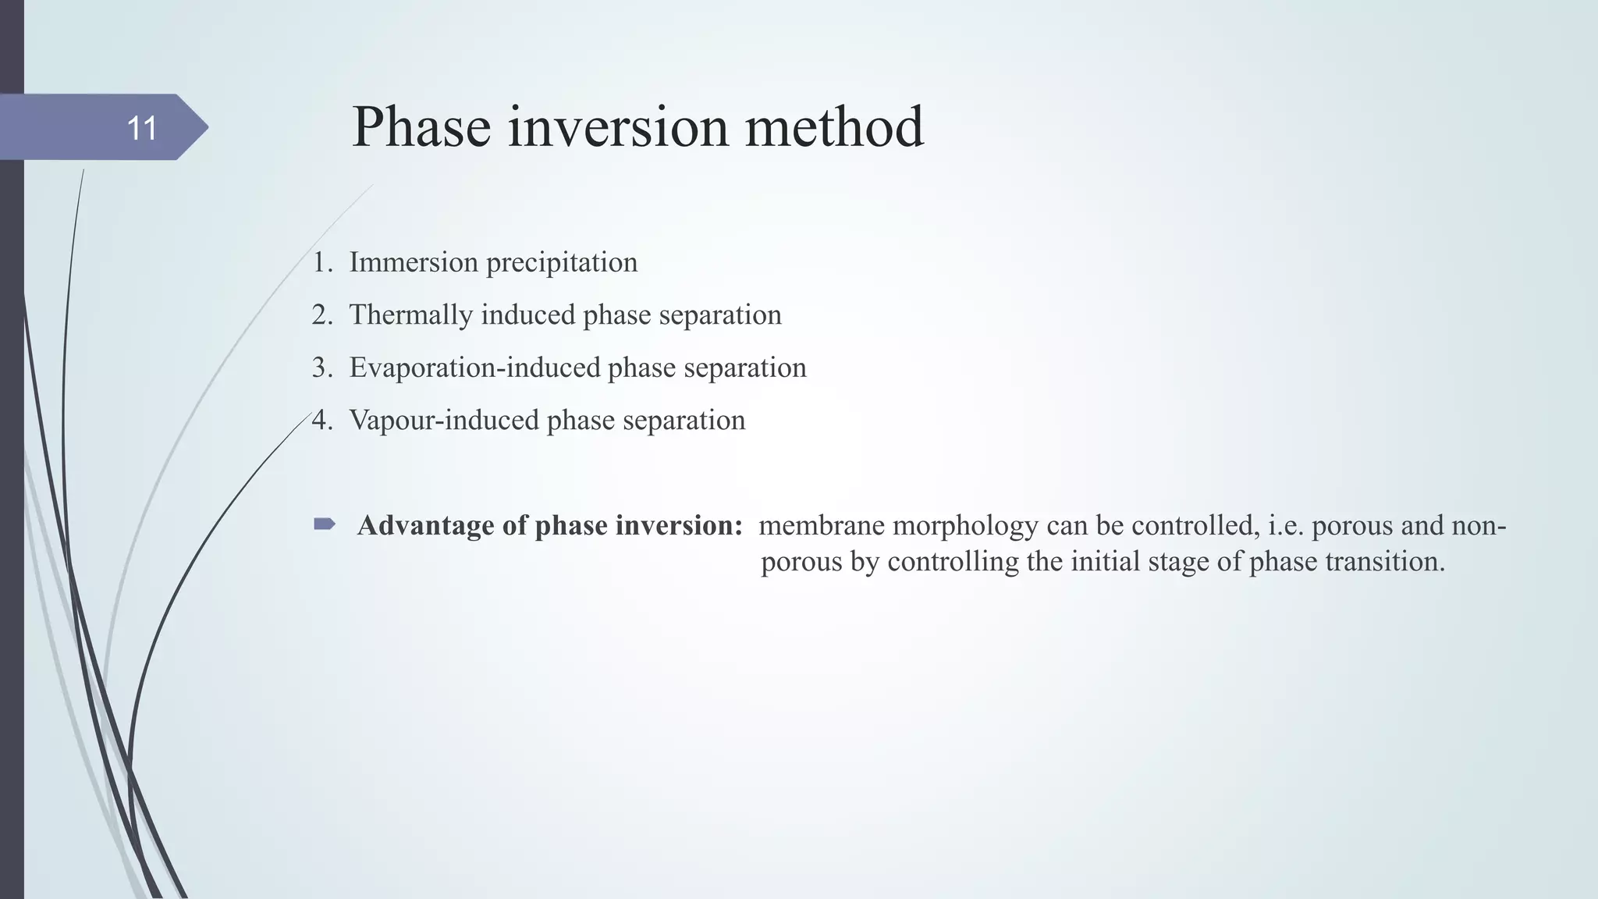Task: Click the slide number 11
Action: (141, 129)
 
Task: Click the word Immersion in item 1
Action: (414, 262)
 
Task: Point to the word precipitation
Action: (562, 263)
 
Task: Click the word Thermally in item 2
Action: (410, 315)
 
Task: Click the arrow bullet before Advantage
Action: (324, 524)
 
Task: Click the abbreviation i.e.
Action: (1286, 526)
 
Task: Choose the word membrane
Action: (821, 526)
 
